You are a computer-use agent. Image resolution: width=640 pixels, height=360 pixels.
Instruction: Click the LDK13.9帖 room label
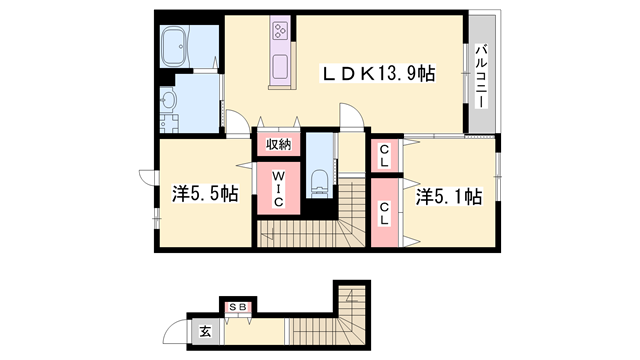(x=379, y=73)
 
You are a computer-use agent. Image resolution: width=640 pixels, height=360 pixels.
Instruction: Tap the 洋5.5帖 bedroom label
(x=205, y=193)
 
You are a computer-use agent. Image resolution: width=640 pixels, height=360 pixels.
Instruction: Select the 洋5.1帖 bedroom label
(x=449, y=197)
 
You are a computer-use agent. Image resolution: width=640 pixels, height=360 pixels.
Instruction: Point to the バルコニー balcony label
(x=482, y=76)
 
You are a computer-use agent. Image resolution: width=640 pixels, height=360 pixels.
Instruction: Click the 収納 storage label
(x=279, y=144)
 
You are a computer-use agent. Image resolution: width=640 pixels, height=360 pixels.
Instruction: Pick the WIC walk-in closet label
(x=278, y=189)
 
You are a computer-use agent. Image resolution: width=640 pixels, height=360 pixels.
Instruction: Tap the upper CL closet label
(x=384, y=156)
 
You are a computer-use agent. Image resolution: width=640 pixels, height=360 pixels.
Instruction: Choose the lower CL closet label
(x=384, y=213)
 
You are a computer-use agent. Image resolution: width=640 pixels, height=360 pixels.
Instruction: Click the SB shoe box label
(x=238, y=307)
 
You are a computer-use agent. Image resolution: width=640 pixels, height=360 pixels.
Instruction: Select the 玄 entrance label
(x=205, y=331)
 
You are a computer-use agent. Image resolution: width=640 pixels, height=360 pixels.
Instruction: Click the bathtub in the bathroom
(x=174, y=47)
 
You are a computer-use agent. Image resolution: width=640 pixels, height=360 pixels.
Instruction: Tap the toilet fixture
(x=319, y=181)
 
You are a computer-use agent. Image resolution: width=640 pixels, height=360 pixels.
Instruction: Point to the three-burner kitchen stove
(x=280, y=31)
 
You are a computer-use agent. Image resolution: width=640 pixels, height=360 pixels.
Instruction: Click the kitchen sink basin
(x=280, y=67)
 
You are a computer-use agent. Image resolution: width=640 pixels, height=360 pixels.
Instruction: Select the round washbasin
(x=168, y=99)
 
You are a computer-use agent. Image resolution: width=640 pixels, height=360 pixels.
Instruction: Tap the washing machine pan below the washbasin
(x=169, y=123)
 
